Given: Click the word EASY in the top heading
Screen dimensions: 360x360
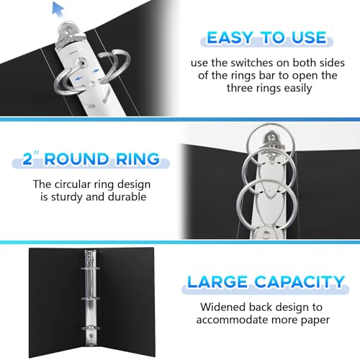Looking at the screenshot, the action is pyautogui.click(x=230, y=38).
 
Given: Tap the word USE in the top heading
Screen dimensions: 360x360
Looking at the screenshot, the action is pyautogui.click(x=309, y=38).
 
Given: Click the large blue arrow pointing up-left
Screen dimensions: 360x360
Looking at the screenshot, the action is pyautogui.click(x=58, y=9).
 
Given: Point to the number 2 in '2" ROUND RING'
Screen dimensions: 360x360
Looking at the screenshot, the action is pyautogui.click(x=27, y=159).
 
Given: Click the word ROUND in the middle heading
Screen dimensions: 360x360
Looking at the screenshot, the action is pyautogui.click(x=76, y=159).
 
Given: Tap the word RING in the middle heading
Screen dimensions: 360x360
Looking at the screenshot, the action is pyautogui.click(x=138, y=159).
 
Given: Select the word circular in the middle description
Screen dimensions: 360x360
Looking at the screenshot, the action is pyautogui.click(x=73, y=184).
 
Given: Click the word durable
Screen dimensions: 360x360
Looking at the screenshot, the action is pyautogui.click(x=127, y=197).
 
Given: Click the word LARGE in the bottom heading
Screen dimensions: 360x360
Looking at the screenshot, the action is pyautogui.click(x=217, y=282).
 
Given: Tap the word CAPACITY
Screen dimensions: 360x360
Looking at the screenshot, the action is pyautogui.click(x=300, y=282).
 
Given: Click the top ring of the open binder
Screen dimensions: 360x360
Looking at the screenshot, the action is pyautogui.click(x=91, y=269).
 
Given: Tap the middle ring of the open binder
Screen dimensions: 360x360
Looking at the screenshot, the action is pyautogui.click(x=91, y=298).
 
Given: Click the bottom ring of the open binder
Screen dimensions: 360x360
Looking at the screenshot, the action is pyautogui.click(x=91, y=328).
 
